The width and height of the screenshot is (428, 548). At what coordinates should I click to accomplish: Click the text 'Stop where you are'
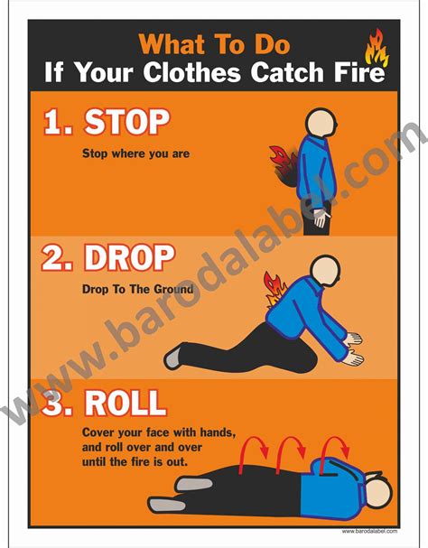[135, 153]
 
